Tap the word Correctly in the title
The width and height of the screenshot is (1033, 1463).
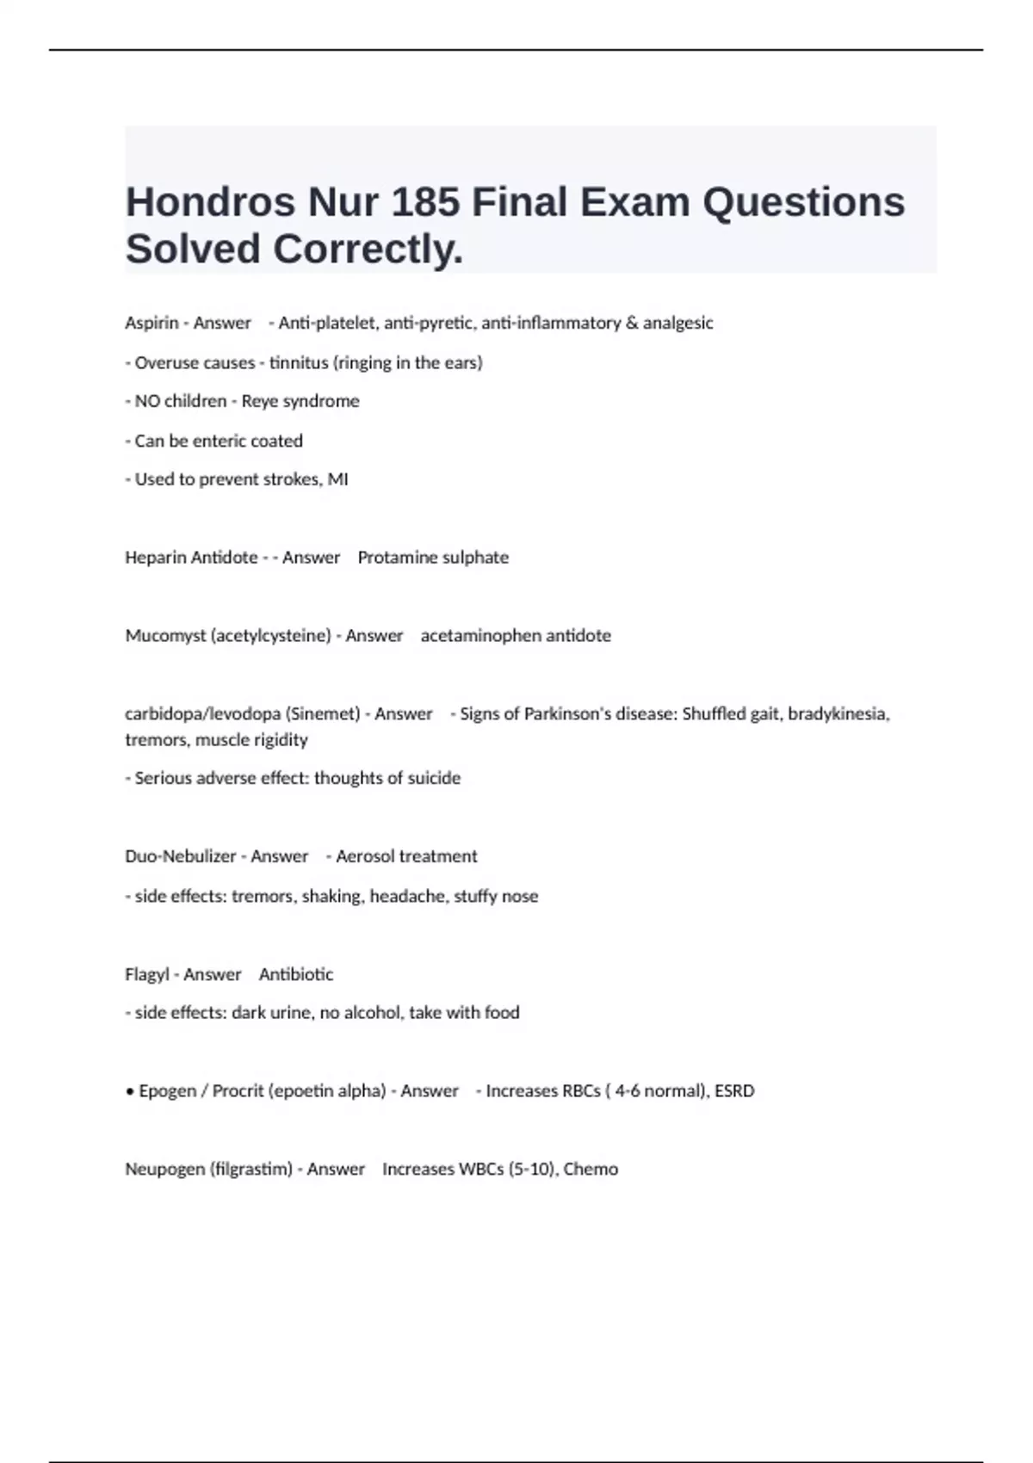coord(368,250)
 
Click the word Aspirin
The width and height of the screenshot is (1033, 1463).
coord(152,323)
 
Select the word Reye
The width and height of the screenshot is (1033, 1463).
coord(259,401)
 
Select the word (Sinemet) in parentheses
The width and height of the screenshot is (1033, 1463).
coord(323,713)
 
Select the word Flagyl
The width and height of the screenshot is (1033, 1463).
coord(146,974)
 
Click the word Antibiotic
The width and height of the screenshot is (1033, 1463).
coord(296,974)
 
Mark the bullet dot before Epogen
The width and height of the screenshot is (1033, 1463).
coord(130,1091)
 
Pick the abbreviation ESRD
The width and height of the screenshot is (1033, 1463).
coord(734,1091)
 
